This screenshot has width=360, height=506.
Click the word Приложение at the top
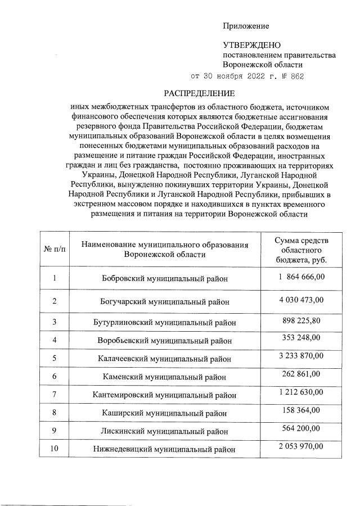(246, 26)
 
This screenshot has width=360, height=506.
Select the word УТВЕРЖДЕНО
(251, 45)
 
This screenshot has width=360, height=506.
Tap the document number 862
(297, 76)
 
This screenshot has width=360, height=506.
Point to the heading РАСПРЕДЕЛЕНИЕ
(199, 93)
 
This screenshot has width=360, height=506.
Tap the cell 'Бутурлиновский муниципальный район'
(165, 323)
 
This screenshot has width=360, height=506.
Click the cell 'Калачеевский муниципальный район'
(165, 358)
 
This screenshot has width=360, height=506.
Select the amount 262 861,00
(301, 373)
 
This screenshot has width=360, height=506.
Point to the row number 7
(55, 394)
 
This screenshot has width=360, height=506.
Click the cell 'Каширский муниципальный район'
(165, 413)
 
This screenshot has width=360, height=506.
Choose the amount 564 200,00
(301, 428)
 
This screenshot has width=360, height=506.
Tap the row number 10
(55, 449)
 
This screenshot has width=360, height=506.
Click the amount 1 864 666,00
(301, 277)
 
